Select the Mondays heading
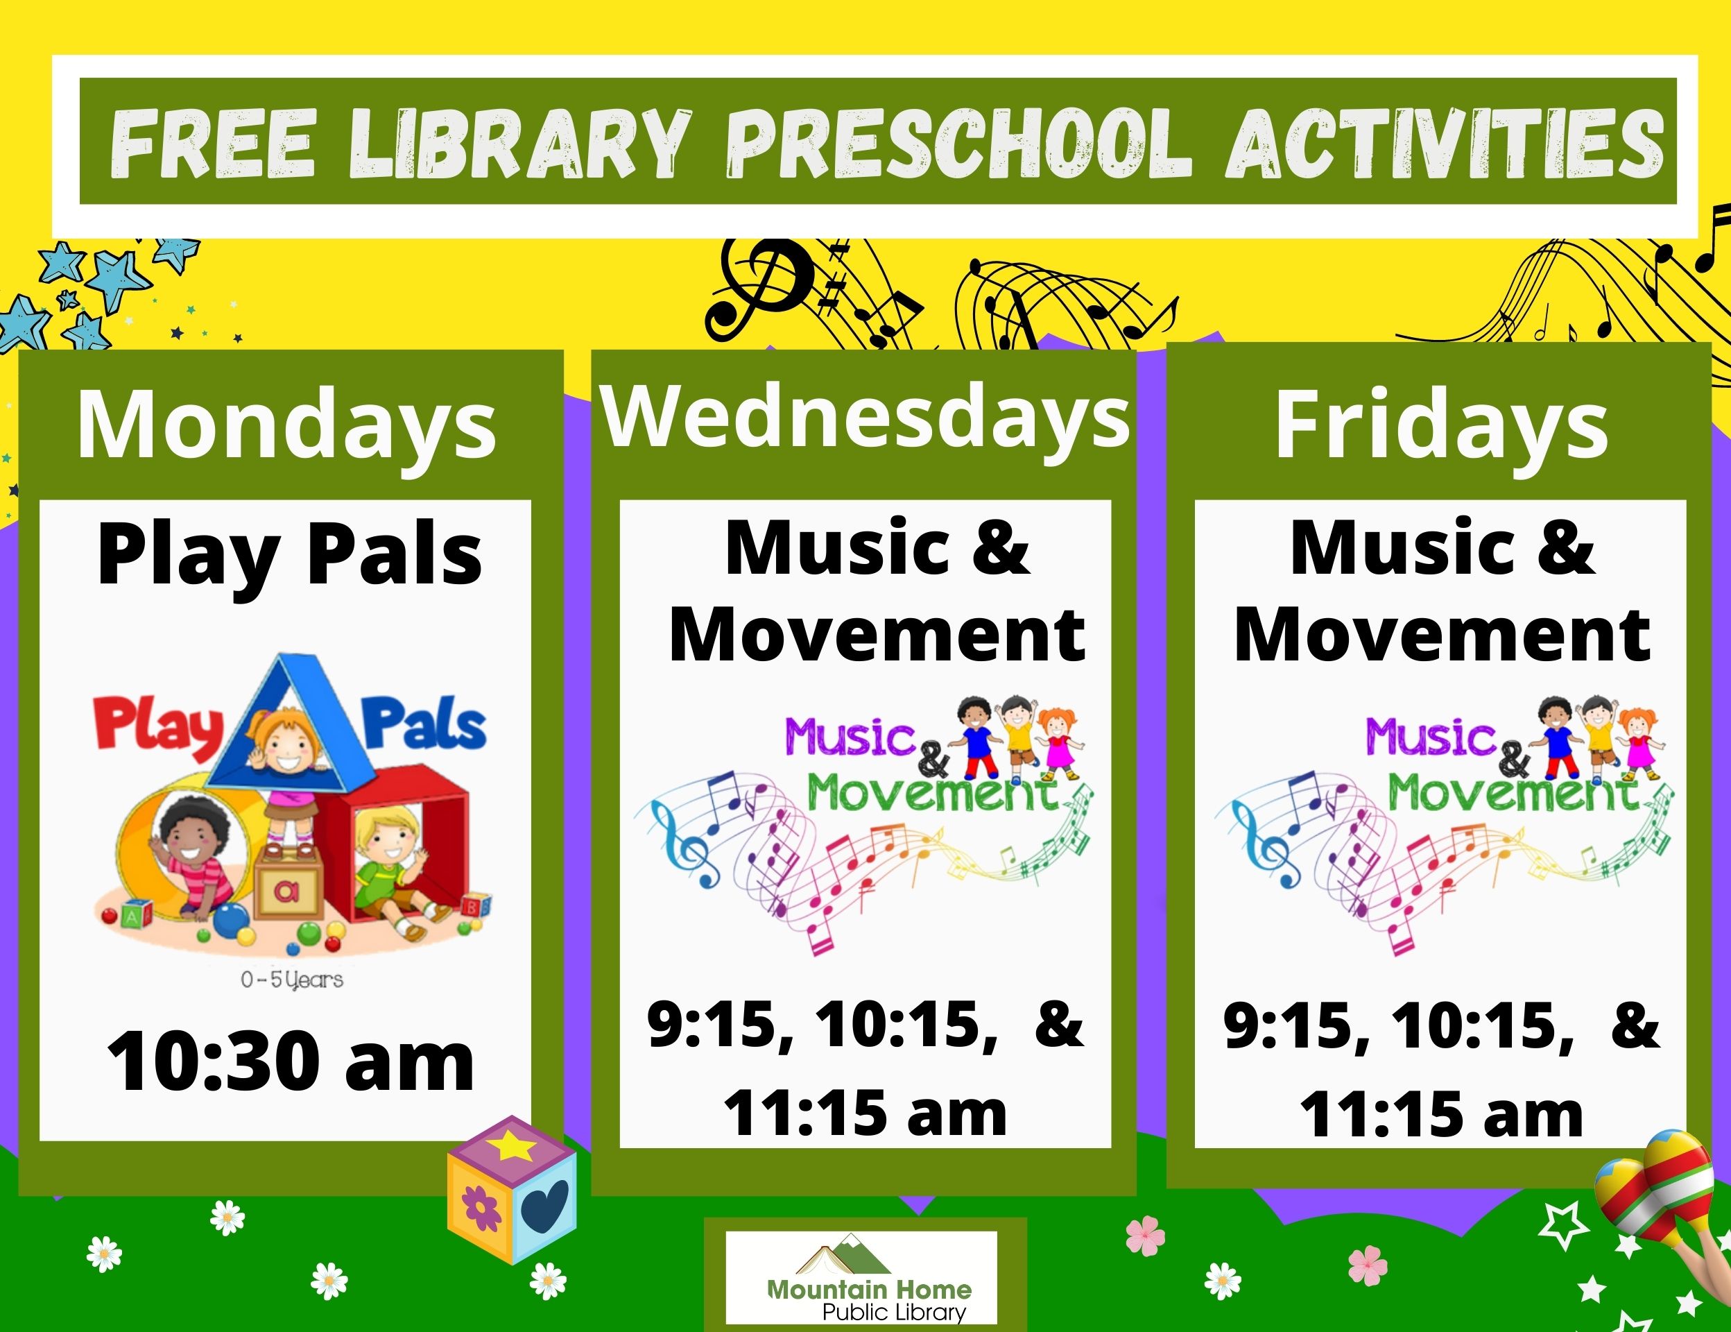click(x=286, y=426)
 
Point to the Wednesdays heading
click(x=865, y=418)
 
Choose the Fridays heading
click(x=1441, y=426)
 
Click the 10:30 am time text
click(x=290, y=1061)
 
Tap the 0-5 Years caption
click(x=292, y=980)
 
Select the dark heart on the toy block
click(x=547, y=1205)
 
